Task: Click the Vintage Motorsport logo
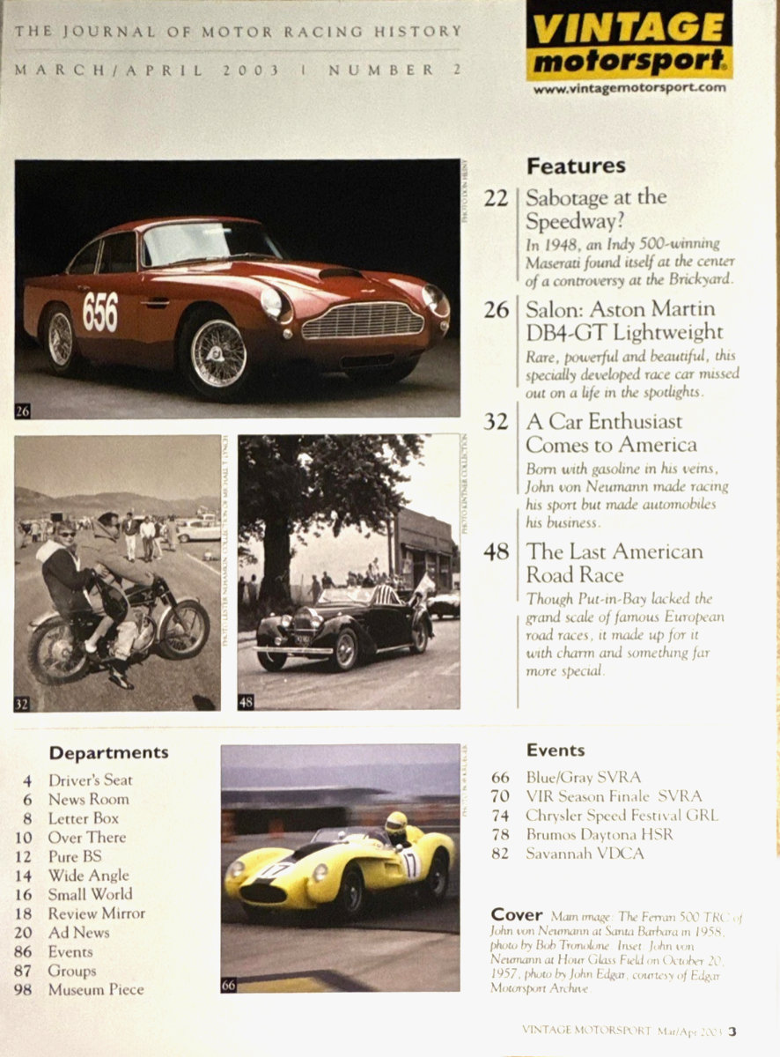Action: coord(629,40)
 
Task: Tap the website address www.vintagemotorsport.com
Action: coord(629,88)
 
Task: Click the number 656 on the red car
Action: coord(99,311)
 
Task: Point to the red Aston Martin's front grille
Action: coord(361,322)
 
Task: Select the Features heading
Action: coord(576,166)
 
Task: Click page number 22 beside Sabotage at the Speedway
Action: coord(496,198)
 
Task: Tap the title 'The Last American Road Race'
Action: coord(614,563)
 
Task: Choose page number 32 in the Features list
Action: coord(496,422)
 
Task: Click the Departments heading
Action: coord(108,753)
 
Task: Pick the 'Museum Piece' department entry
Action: coord(95,989)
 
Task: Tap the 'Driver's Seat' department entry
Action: coord(90,780)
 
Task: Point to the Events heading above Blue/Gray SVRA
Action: coord(556,750)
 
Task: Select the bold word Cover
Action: coord(517,914)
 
